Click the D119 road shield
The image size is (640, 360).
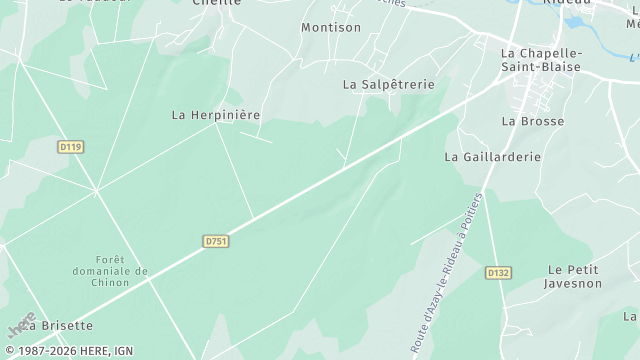(70, 146)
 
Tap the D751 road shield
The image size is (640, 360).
(215, 241)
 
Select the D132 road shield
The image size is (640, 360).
(498, 272)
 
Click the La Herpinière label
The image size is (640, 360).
(216, 115)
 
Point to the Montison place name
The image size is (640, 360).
(331, 27)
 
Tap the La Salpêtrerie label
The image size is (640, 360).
(389, 85)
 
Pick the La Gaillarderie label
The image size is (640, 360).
(492, 157)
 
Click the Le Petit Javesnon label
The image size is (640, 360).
(572, 277)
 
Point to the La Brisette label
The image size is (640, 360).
(60, 325)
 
